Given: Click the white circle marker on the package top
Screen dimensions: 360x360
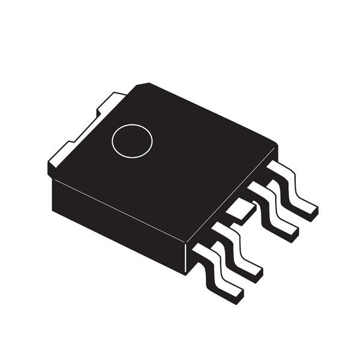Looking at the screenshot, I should tap(132, 141).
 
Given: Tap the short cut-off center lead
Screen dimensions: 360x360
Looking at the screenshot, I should tap(241, 211).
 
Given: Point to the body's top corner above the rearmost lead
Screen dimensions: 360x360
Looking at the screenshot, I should tap(276, 146).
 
